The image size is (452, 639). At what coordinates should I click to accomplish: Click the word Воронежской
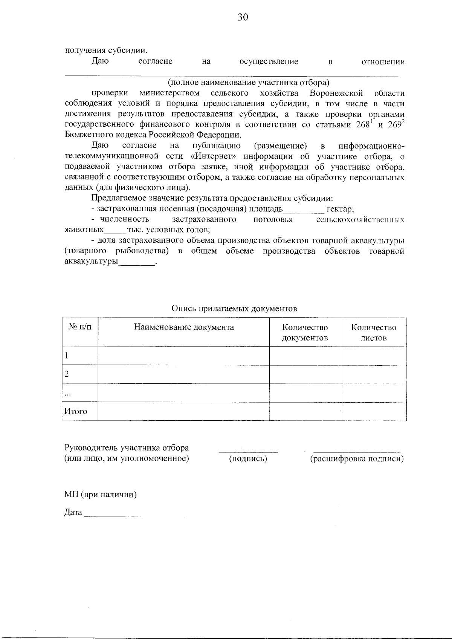(x=336, y=93)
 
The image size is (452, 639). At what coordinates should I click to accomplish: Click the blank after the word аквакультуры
(x=137, y=262)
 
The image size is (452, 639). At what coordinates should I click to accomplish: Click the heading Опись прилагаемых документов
(x=234, y=309)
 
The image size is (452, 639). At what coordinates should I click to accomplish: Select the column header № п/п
(x=80, y=327)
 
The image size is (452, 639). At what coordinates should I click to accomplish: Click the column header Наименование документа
(x=184, y=327)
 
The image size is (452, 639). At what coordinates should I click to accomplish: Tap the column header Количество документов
(x=305, y=333)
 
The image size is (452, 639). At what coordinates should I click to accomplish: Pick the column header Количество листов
(x=374, y=333)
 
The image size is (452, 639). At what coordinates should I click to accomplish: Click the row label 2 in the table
(x=67, y=374)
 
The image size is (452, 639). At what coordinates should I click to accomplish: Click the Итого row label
(x=76, y=411)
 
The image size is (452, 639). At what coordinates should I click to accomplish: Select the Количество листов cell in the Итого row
(x=374, y=411)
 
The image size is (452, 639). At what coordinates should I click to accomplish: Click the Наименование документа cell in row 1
(x=184, y=356)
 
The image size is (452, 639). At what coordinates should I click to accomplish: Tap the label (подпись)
(x=248, y=459)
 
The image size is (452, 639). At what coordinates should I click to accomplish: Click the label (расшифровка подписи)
(x=357, y=459)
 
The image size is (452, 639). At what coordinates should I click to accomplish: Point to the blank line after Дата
(x=135, y=513)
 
